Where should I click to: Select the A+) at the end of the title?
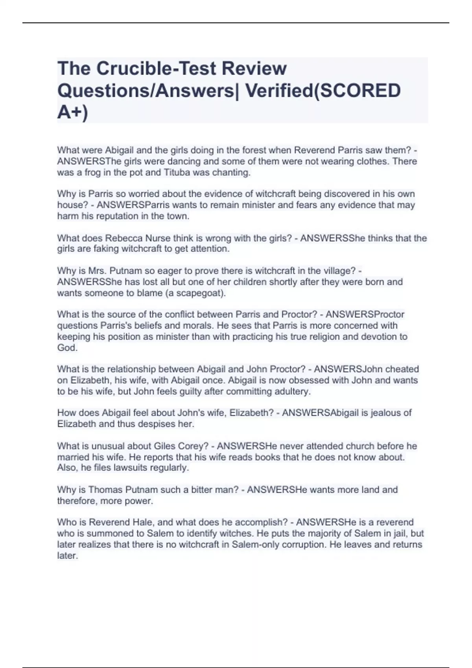(x=73, y=112)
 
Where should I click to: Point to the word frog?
(x=93, y=173)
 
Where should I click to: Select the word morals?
(x=199, y=325)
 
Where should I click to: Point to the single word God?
(x=67, y=348)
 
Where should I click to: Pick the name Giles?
(x=164, y=446)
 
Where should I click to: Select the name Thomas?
(x=105, y=490)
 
